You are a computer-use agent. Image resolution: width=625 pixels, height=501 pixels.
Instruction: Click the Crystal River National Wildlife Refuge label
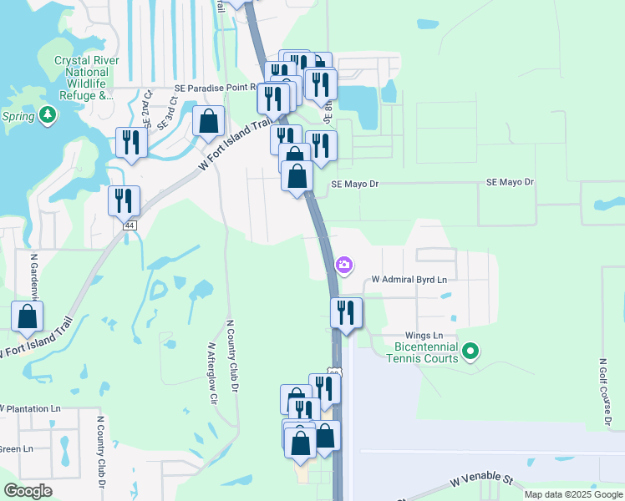click(x=86, y=78)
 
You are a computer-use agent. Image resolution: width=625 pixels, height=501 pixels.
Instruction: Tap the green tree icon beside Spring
click(x=48, y=115)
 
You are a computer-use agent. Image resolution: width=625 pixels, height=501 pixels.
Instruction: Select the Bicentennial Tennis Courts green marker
click(x=471, y=352)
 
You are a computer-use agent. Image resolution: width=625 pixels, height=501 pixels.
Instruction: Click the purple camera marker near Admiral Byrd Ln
click(x=344, y=266)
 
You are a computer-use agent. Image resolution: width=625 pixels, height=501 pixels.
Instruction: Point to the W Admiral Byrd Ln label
click(x=409, y=279)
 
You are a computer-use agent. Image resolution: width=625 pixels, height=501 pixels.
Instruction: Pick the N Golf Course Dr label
click(x=602, y=393)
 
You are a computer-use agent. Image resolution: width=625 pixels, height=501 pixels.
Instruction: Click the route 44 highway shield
click(x=129, y=225)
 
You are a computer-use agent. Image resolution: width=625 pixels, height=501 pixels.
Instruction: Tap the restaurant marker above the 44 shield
click(x=124, y=201)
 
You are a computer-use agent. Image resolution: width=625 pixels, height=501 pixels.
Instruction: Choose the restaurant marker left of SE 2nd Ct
click(x=131, y=143)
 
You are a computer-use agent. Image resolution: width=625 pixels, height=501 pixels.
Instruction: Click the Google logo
click(x=28, y=491)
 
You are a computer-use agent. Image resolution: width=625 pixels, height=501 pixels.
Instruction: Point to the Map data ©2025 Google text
click(x=572, y=494)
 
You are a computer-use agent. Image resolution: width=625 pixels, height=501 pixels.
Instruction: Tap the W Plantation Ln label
click(x=32, y=409)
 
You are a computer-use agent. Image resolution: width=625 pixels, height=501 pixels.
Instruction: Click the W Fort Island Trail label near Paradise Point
click(x=236, y=144)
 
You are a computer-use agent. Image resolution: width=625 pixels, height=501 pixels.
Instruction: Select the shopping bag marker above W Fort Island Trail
click(x=208, y=122)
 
